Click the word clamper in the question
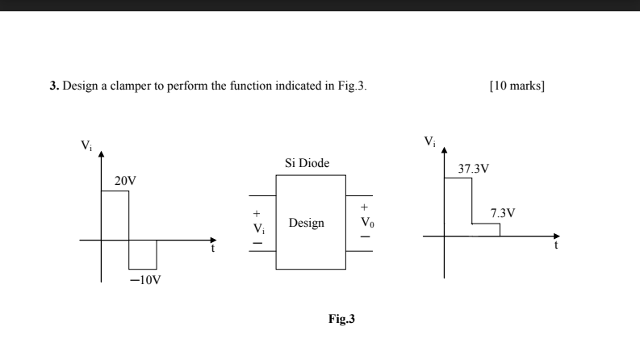[130, 86]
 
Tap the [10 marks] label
[517, 86]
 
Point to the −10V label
[146, 281]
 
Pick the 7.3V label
[503, 213]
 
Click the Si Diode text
[307, 163]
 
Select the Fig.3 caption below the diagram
[340, 319]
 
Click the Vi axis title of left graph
[86, 146]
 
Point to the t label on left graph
[213, 249]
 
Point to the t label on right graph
[555, 247]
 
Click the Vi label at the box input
[257, 228]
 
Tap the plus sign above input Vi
[257, 215]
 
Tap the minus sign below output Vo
[366, 237]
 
